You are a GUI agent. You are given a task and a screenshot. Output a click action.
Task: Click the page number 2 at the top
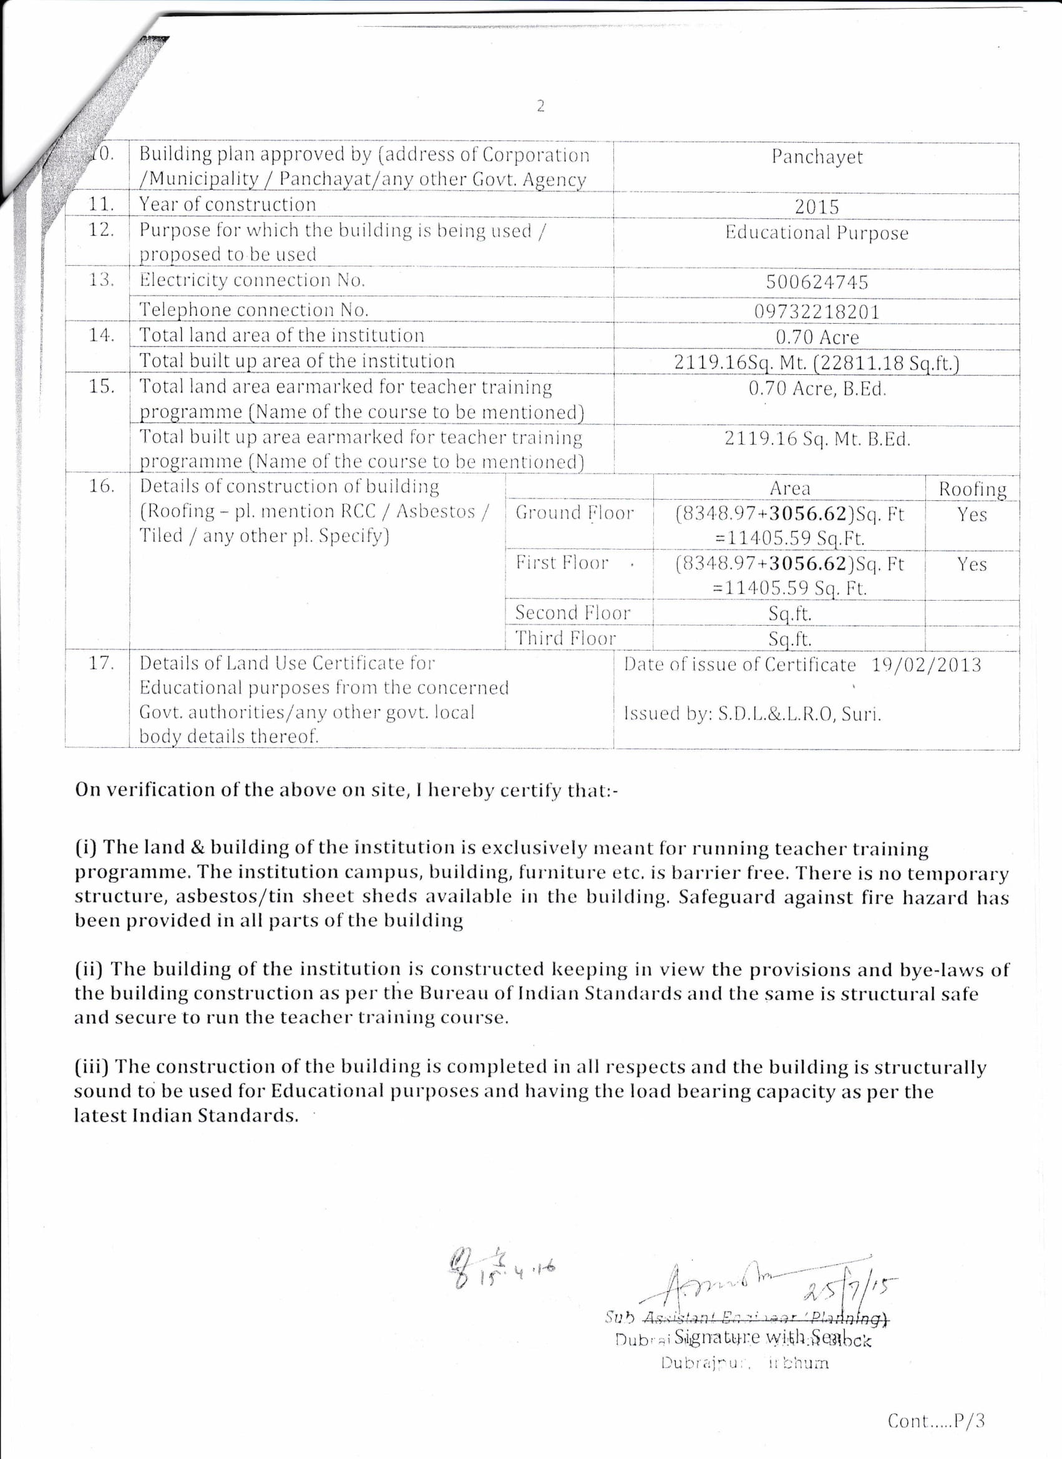(x=540, y=106)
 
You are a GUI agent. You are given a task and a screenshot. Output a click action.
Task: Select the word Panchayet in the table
(x=817, y=157)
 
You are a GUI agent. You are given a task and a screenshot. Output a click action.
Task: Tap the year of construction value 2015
(x=816, y=207)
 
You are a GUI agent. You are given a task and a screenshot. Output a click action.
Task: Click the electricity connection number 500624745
(x=816, y=283)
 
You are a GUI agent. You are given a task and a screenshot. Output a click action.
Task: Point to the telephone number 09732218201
(x=816, y=312)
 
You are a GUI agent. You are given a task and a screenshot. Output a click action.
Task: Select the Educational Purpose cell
(x=816, y=233)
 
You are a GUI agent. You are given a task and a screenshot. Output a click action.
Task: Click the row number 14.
(x=101, y=335)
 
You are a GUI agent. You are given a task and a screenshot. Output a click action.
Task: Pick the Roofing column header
(x=972, y=489)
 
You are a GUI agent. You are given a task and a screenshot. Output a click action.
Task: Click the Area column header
(x=789, y=488)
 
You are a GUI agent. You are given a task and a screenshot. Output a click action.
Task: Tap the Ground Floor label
(x=574, y=513)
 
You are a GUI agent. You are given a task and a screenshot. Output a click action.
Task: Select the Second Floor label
(x=572, y=613)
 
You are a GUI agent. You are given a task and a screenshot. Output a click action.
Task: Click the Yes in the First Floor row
(x=972, y=564)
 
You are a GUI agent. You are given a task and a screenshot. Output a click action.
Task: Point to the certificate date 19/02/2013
(x=926, y=664)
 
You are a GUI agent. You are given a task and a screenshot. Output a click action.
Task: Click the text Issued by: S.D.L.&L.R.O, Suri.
(x=752, y=714)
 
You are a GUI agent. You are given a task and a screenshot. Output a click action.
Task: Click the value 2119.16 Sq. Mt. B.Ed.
(x=817, y=439)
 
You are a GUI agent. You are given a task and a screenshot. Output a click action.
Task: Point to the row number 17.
(x=101, y=663)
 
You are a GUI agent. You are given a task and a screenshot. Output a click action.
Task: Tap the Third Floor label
(x=565, y=638)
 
